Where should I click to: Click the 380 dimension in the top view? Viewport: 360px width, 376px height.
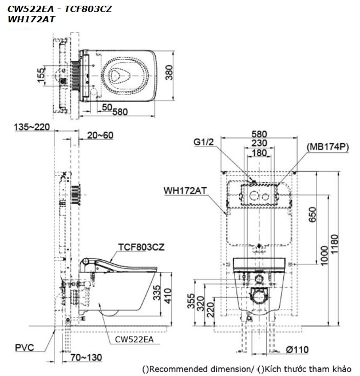pos(169,73)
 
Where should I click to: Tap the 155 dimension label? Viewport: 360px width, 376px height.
pos(41,76)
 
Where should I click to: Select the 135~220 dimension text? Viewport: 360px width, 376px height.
pos(32,127)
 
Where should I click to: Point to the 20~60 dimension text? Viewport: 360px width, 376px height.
pos(100,135)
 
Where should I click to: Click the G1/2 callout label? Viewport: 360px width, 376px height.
pos(204,142)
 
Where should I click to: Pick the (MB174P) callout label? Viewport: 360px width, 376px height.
pos(328,147)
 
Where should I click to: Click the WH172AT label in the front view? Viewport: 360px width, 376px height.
pos(185,191)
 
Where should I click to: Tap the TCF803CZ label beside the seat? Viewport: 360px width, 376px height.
pos(141,247)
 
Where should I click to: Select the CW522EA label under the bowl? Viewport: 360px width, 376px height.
pos(134,339)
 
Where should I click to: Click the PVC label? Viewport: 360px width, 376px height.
pos(25,347)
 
